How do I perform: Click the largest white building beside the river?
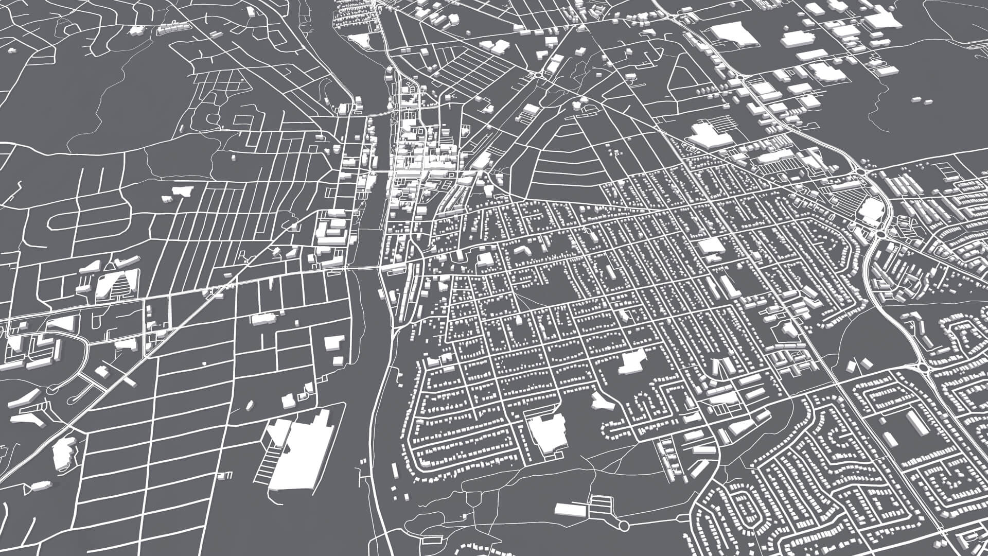point(301,453)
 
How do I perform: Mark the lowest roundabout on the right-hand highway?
point(922,368)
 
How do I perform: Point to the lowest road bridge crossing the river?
point(366,268)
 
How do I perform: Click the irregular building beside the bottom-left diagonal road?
point(64,453)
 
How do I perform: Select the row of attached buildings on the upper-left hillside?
point(174,29)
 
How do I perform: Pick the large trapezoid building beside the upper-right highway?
point(731,34)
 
